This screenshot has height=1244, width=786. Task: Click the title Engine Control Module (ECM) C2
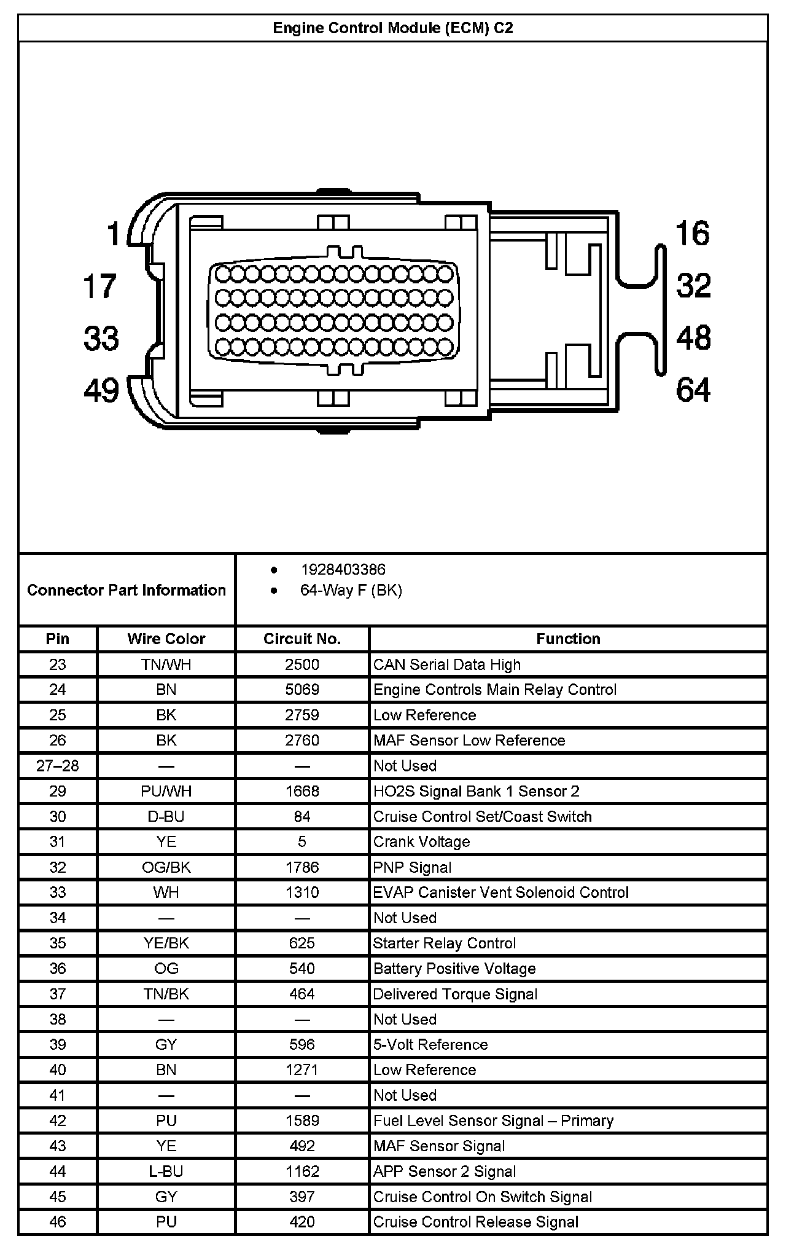[x=392, y=28]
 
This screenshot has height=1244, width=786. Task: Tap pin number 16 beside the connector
[x=692, y=234]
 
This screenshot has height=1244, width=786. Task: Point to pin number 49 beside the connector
[x=101, y=390]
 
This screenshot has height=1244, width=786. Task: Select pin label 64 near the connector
[x=693, y=390]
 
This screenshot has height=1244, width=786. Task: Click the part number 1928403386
[x=343, y=570]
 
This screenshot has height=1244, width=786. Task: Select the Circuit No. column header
[x=302, y=639]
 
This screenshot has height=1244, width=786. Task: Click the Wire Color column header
[x=166, y=639]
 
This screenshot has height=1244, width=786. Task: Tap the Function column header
[x=568, y=639]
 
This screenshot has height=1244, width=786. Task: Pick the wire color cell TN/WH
[x=166, y=664]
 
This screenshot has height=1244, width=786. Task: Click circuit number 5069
[x=302, y=690]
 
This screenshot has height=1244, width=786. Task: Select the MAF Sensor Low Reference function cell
[x=469, y=740]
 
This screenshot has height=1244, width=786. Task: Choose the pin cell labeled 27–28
[x=58, y=766]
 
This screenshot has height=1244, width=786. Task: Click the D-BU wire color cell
[x=166, y=816]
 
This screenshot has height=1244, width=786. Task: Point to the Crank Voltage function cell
[x=422, y=841]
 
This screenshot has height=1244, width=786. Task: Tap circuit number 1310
[x=302, y=892]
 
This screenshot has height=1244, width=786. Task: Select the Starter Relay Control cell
[x=445, y=943]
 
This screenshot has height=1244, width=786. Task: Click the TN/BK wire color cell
[x=166, y=994]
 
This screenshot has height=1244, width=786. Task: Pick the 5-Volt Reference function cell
[x=430, y=1044]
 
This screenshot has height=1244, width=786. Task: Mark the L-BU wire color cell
[x=166, y=1171]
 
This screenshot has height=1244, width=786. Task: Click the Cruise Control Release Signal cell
[x=476, y=1222]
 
